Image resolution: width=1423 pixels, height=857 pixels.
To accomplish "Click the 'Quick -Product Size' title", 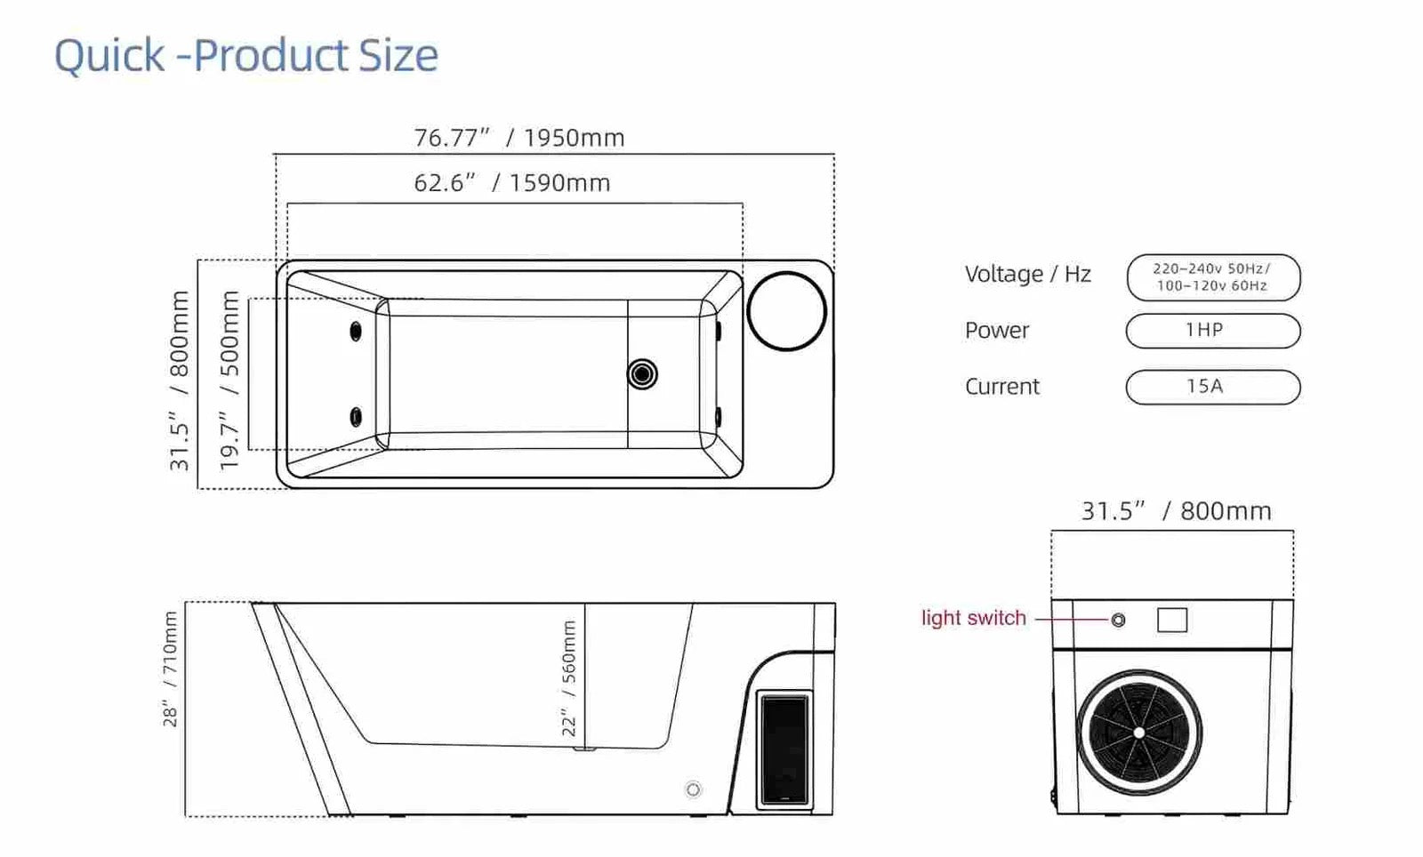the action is point(246,55).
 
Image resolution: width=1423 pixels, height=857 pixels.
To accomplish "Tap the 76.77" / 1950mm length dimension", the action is point(519,138).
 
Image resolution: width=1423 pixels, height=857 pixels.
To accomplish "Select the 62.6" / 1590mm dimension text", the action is point(512,183).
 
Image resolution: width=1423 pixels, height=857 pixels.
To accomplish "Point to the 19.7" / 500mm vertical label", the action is point(229,380).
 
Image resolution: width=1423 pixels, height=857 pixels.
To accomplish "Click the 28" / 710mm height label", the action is point(170,669).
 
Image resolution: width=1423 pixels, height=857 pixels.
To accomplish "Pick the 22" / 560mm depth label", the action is point(568,678).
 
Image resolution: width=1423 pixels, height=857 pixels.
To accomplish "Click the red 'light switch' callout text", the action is point(973,618).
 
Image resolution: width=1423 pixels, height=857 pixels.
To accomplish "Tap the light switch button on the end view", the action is point(1118,620).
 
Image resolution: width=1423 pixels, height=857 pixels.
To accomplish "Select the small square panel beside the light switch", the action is point(1172,620).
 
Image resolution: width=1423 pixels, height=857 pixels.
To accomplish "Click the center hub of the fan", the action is point(1139,733).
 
